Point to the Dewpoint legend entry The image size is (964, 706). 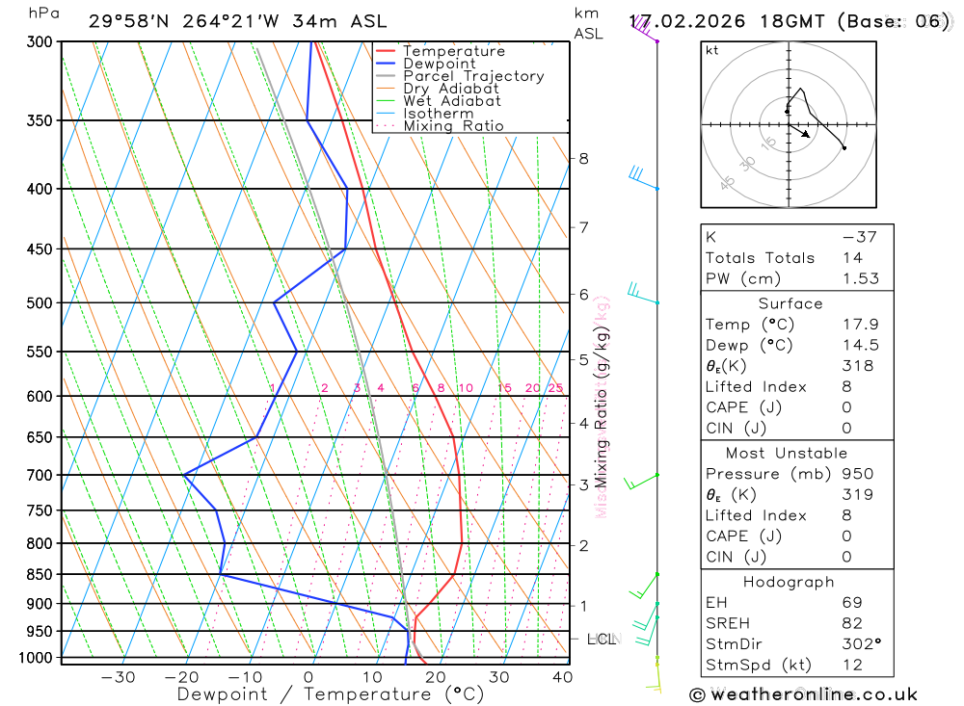click(440, 64)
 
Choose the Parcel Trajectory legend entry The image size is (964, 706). click(473, 76)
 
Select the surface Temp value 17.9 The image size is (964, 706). click(860, 325)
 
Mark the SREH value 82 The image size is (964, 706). click(851, 623)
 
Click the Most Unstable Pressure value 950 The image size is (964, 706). click(857, 474)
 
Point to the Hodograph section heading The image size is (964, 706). click(789, 582)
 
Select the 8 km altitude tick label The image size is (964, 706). click(584, 158)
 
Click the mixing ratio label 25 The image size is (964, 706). click(555, 388)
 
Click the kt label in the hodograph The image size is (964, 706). click(712, 50)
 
